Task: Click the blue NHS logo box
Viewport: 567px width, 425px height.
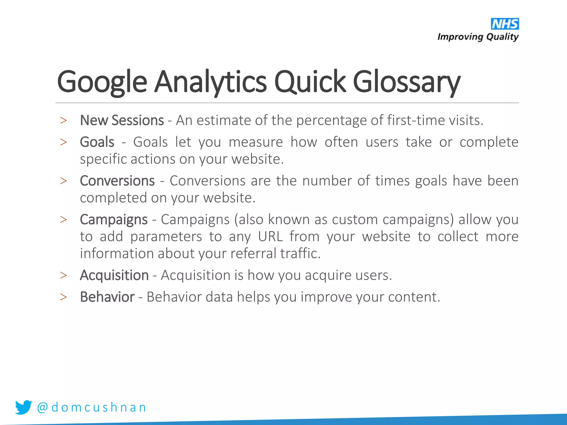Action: [505, 24]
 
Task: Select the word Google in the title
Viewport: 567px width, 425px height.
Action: [102, 82]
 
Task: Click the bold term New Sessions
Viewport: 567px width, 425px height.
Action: [122, 121]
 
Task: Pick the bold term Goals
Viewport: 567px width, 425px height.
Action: [97, 142]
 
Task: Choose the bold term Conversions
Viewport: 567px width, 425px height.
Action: [117, 181]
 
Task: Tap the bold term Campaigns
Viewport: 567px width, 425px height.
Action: [114, 220]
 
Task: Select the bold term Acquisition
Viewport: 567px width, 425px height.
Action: [114, 275]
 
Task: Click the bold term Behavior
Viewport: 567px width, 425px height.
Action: [107, 297]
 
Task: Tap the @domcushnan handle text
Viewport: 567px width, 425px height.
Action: [91, 407]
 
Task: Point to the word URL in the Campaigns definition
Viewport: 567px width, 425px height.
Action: [270, 237]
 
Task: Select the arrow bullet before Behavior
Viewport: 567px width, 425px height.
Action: [63, 297]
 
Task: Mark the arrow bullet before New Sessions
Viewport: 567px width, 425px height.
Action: [63, 121]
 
